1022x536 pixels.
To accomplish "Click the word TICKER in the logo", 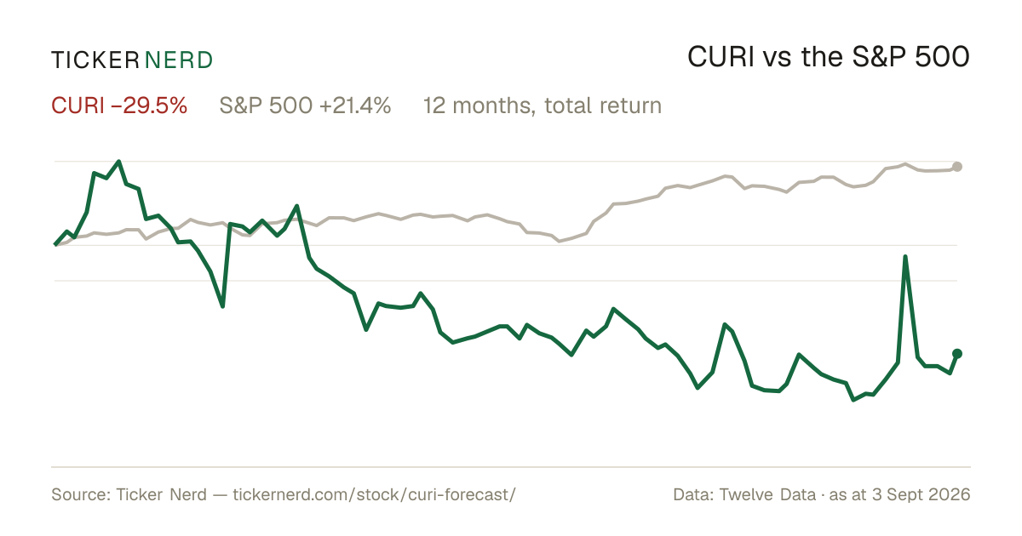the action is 95,60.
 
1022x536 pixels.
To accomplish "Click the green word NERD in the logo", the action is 178,60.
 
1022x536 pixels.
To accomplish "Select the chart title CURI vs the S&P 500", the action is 829,57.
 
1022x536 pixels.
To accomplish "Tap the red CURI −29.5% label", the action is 119,105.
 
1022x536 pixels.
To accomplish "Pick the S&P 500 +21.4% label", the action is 305,105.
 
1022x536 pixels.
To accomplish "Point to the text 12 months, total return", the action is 543,105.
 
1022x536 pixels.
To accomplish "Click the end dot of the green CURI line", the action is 957,354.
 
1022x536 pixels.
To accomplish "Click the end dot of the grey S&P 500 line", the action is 957,167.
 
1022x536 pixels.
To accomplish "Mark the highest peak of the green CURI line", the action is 119,162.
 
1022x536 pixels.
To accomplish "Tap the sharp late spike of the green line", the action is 905,257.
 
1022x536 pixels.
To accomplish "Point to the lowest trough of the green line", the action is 853,400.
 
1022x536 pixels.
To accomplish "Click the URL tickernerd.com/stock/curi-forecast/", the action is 374,494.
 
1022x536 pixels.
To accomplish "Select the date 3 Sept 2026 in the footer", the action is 922,494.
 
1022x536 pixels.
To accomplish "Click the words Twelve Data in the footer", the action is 767,494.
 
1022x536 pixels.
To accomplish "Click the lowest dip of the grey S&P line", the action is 560,241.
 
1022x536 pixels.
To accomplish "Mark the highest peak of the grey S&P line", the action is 905,163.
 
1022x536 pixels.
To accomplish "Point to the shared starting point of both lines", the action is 55,245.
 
